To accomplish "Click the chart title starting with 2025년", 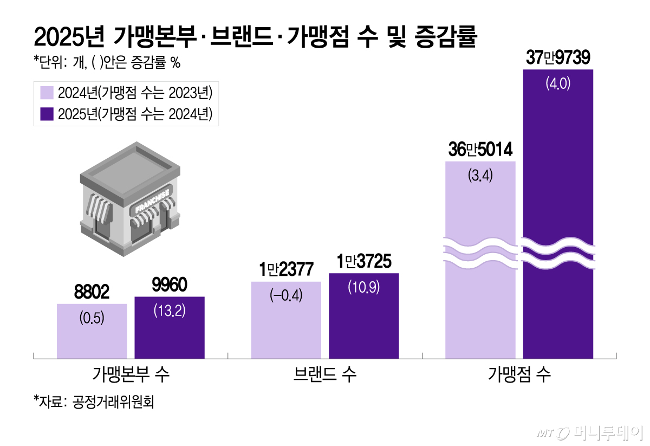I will coord(255,38).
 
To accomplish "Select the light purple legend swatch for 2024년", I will coord(47,93).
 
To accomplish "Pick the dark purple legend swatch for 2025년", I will coord(47,114).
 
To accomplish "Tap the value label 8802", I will coord(92,293).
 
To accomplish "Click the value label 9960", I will coord(170,285).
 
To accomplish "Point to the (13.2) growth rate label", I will coord(170,311).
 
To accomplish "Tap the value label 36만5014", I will coord(480,150).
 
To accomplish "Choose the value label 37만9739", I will coord(558,58).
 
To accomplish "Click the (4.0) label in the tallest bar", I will coord(558,85).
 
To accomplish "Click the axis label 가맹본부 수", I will coord(131,374).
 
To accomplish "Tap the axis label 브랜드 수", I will coord(325,374).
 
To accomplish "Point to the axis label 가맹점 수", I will coord(519,374).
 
